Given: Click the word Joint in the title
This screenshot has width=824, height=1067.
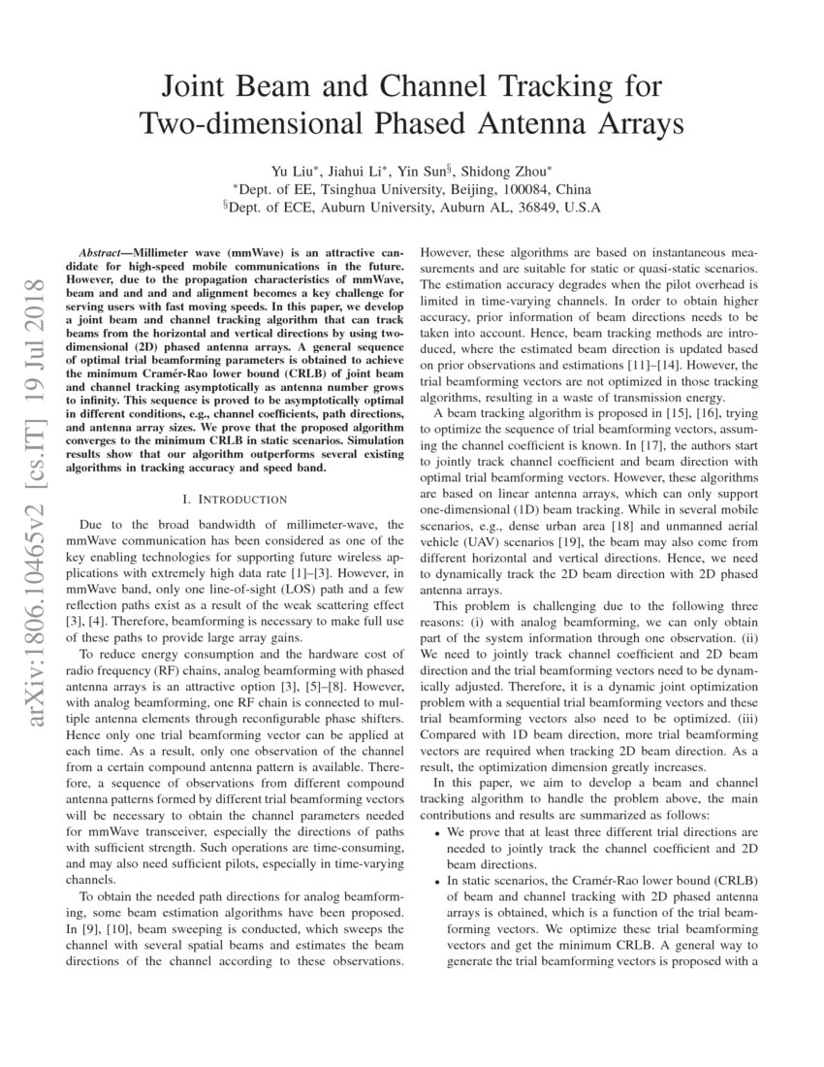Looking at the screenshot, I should (x=195, y=88).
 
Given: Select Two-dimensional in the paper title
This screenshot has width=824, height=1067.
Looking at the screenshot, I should (x=253, y=124).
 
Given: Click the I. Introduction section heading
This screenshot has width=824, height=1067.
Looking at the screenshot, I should (x=235, y=499).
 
